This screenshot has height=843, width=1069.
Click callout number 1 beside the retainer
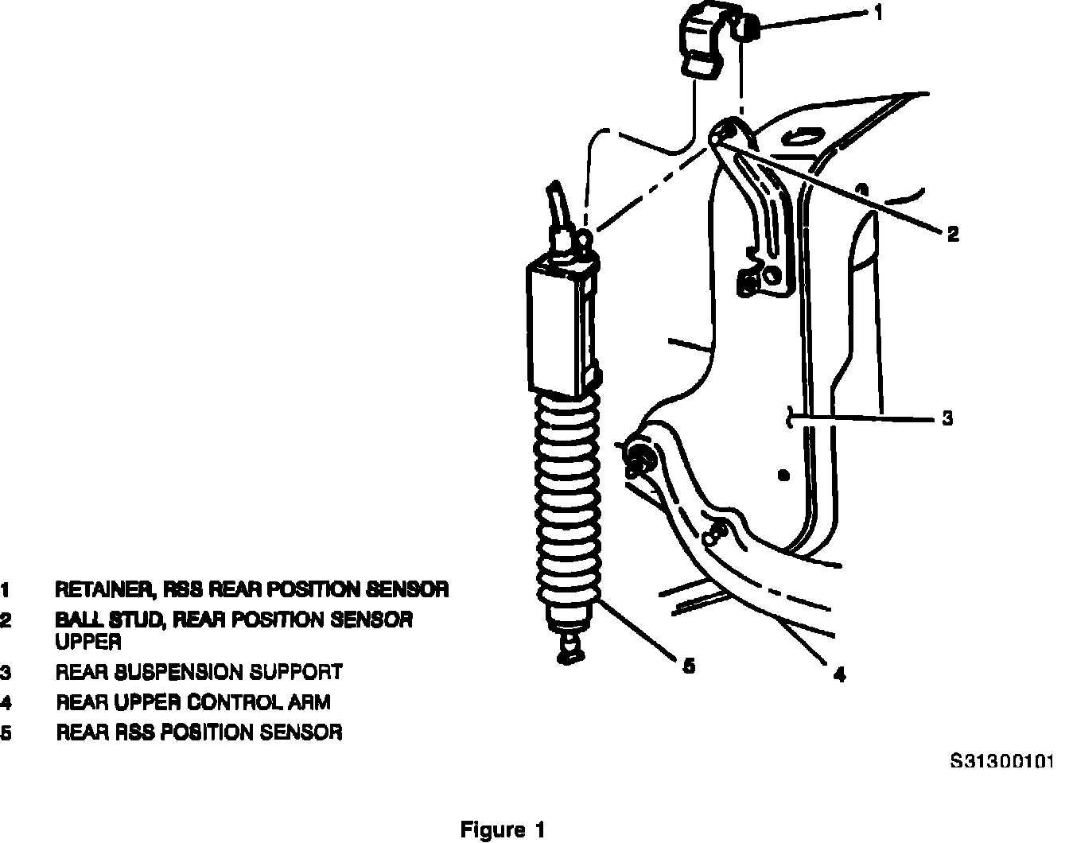click(x=877, y=14)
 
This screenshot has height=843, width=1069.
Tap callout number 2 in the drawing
click(x=952, y=233)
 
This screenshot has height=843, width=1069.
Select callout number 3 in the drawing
click(x=947, y=418)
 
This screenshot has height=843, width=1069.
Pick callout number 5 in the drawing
click(x=689, y=665)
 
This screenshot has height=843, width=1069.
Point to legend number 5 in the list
click(x=6, y=732)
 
